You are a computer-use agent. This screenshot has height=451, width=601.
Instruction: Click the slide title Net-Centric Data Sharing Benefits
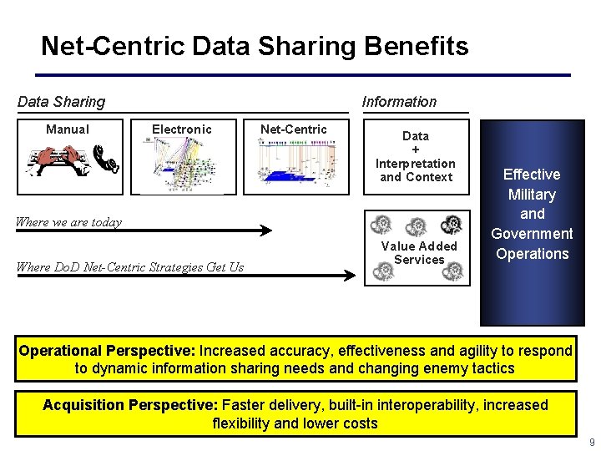coord(255,46)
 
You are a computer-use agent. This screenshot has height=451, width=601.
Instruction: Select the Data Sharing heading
coord(62,102)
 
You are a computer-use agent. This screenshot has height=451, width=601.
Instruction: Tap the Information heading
coord(399,102)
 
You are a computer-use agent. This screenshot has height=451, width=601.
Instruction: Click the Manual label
coord(68,129)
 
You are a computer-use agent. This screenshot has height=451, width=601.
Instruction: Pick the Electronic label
coord(182,129)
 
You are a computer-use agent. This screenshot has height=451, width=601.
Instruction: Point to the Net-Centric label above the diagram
coord(294,129)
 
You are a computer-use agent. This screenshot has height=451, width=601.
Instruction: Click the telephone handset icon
coord(107,160)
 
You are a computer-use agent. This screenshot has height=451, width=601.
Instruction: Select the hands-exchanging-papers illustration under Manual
coord(58,160)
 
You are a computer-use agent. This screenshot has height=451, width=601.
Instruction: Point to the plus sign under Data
coord(416,149)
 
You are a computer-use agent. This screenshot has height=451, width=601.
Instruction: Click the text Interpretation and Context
coord(416,170)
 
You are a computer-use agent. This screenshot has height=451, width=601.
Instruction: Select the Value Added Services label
coord(419,253)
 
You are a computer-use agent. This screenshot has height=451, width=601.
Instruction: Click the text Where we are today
coord(69,222)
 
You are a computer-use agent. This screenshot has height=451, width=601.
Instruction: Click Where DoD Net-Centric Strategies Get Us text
coord(130,267)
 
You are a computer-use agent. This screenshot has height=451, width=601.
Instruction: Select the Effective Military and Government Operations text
coord(532,214)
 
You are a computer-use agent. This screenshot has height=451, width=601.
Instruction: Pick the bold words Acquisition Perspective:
coord(130,405)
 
